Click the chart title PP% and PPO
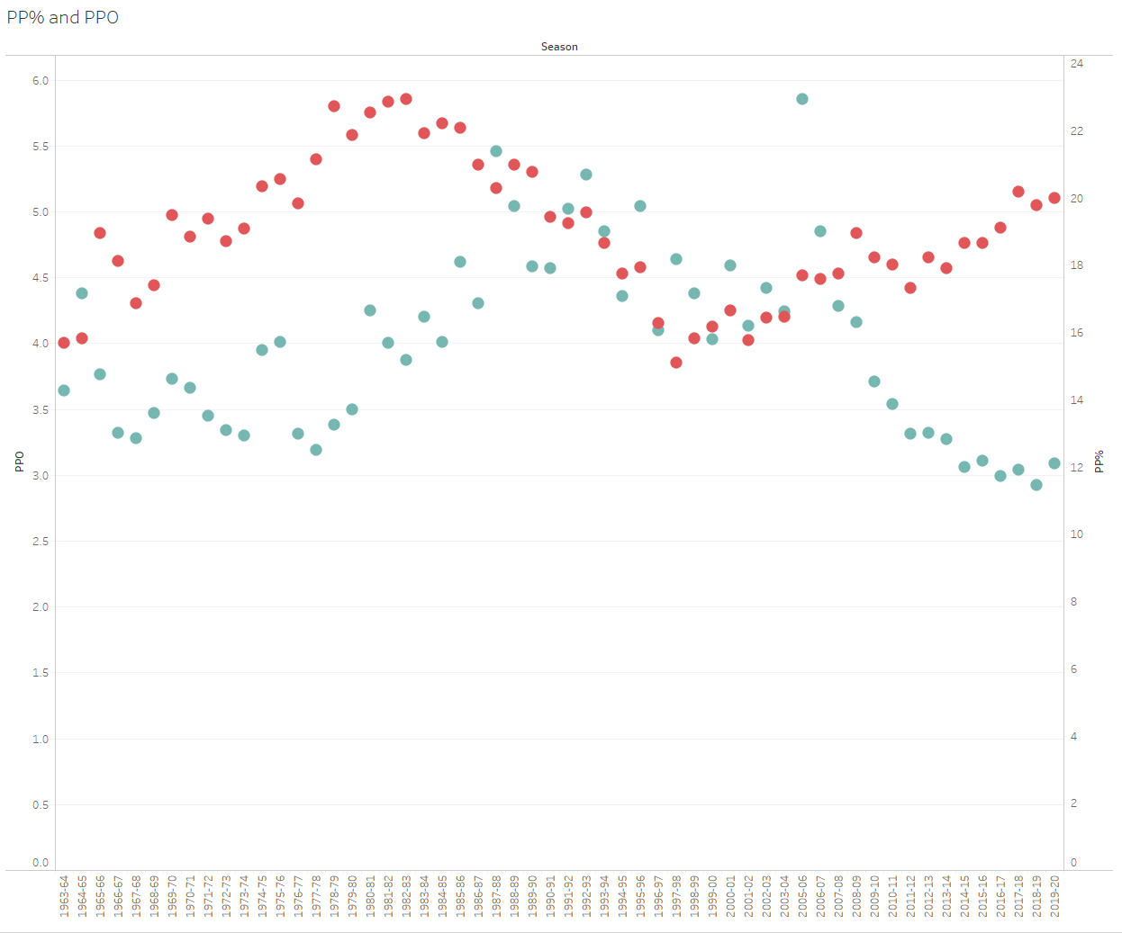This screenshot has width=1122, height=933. coord(63,17)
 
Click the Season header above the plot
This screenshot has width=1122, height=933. coord(559,47)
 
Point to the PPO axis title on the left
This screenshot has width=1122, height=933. coord(20,462)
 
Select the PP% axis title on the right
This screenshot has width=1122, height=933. coord(1099,462)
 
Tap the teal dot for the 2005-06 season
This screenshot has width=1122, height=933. coord(802,99)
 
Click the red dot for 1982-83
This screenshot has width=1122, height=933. coord(406,99)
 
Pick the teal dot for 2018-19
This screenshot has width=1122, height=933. coord(1036,485)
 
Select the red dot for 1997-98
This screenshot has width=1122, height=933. coord(676,363)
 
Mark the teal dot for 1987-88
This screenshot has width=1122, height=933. coord(496,151)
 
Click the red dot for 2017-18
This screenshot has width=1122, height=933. coord(1018,192)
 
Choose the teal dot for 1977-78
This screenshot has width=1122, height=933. coord(316,450)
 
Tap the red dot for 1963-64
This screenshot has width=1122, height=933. coord(64,343)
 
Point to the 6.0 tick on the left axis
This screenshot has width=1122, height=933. coord(41,81)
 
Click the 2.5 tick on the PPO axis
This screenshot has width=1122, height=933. coord(41,542)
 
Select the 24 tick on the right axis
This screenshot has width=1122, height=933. coord(1077,64)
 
